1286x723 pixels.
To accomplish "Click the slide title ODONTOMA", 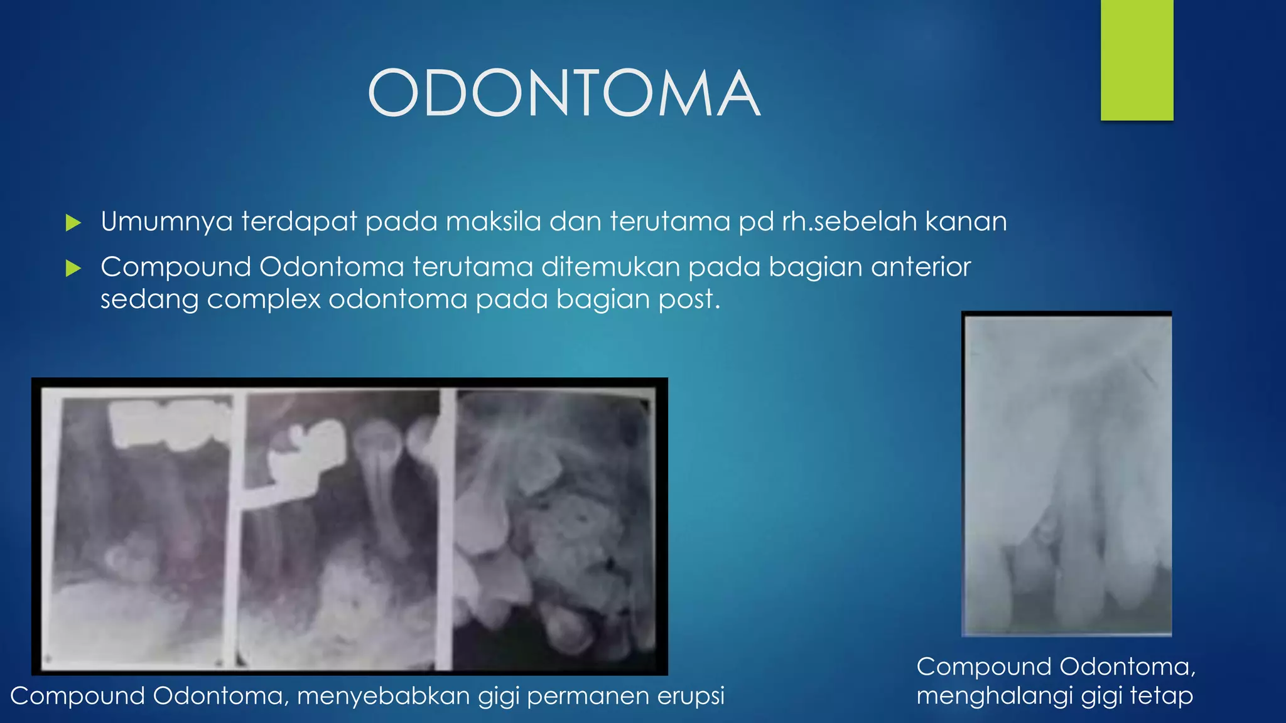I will click(x=563, y=94).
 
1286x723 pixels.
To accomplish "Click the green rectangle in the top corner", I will click(x=1137, y=60).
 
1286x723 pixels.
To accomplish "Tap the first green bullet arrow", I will click(x=73, y=223).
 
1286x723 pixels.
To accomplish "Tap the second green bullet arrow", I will click(x=73, y=269).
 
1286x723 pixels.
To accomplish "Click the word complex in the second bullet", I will click(x=264, y=299).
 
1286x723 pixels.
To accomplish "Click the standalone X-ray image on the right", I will click(x=1067, y=474).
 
